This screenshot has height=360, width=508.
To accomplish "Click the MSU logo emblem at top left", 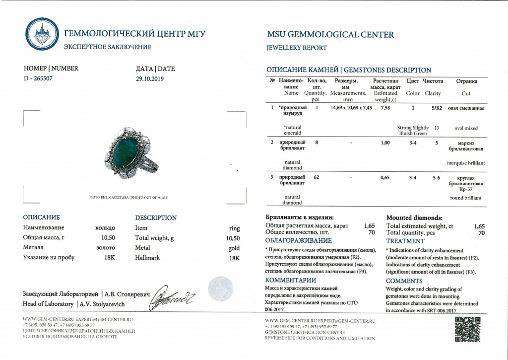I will coord(42,35).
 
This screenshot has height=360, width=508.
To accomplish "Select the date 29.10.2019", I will coord(149,78).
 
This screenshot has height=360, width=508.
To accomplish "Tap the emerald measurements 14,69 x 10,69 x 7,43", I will coord(351,107).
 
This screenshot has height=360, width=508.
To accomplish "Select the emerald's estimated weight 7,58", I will coord(385,107).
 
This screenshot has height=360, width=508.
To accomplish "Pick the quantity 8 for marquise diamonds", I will coord(317,143).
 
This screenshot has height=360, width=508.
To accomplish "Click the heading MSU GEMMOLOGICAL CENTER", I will coord(330,35).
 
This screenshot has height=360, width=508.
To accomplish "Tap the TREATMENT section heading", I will coord(405,241).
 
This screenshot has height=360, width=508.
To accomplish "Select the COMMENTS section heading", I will coord(404,281).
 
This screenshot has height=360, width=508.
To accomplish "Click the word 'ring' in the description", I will coord(234,228).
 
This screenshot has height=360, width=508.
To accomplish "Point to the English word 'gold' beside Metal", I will coord(234,248).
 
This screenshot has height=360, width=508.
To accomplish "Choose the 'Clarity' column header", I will coord(433,93).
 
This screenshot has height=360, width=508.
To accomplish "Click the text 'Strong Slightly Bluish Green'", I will coord(413,131).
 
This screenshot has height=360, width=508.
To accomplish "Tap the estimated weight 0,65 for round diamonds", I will coord(385,177).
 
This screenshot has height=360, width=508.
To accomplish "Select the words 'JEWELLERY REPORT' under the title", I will coord(297,48).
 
